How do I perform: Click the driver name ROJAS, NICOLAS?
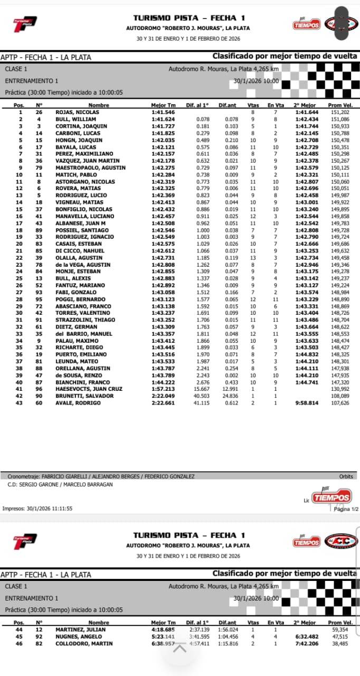pyautogui.click(x=77, y=112)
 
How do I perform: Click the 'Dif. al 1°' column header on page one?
pyautogui.click(x=197, y=106)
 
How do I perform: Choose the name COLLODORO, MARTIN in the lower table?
pyautogui.click(x=84, y=643)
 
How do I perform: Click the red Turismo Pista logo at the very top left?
pyautogui.click(x=25, y=24)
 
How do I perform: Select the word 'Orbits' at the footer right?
pyautogui.click(x=346, y=476)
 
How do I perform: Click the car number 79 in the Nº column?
pyautogui.click(x=39, y=167)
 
